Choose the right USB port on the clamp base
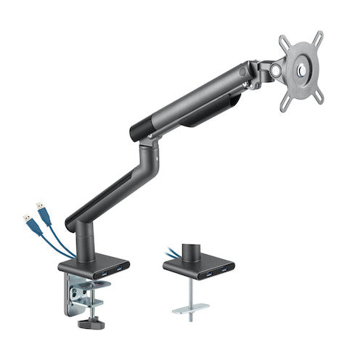pos(118,271)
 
